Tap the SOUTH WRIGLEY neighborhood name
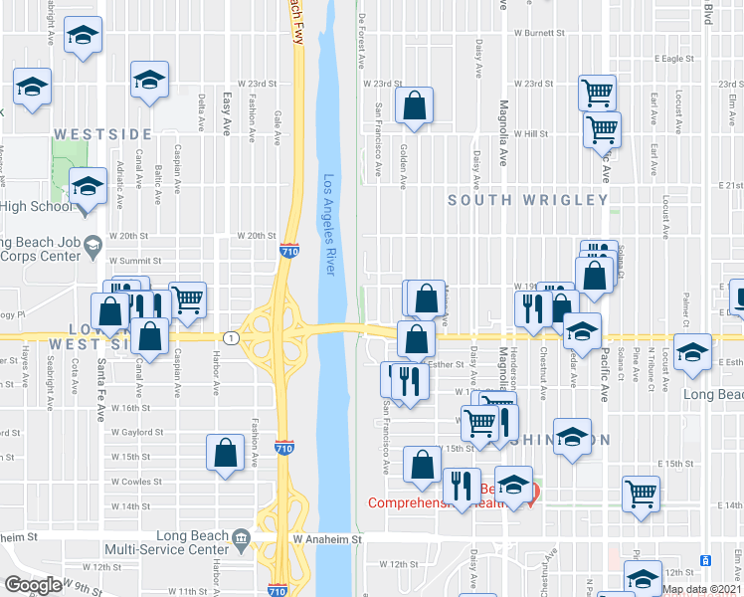pos(527,200)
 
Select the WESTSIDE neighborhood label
pos(102,133)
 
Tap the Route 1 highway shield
pos(231,338)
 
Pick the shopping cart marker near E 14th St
pos(642,493)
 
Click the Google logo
pos(33,585)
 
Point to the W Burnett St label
pos(539,33)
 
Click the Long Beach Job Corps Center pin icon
pos(93,244)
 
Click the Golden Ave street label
pos(403,165)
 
